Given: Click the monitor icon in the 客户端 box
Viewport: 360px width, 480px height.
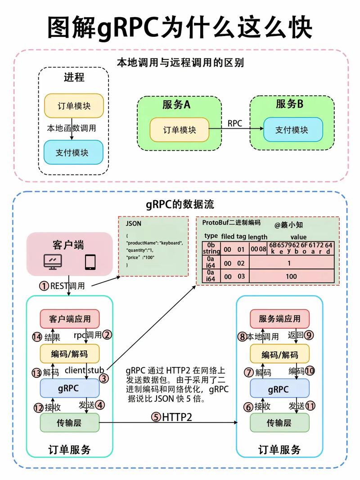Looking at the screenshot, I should click(53, 262).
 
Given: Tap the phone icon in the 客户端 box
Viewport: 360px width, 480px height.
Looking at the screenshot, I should click(90, 262).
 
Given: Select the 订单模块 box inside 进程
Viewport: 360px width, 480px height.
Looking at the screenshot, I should click(74, 106).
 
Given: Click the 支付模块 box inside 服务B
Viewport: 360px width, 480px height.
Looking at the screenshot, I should click(292, 130).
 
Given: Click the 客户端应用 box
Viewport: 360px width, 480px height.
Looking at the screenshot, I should click(69, 319).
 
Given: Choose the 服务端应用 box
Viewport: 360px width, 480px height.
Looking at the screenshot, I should click(279, 319).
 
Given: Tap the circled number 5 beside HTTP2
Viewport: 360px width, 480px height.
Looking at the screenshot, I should click(156, 417).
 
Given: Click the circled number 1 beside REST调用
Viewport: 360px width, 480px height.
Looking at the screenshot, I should click(44, 286).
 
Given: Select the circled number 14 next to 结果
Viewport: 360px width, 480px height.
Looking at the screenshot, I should click(37, 336).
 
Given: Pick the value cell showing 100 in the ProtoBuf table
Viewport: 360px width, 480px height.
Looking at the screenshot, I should click(291, 277).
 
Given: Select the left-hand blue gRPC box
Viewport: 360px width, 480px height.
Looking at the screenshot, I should click(69, 389).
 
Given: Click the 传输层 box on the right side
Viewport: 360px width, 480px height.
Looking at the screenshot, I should click(279, 423).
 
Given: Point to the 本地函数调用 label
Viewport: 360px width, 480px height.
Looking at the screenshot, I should click(72, 128).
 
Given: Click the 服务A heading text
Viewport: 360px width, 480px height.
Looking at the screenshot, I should click(176, 105).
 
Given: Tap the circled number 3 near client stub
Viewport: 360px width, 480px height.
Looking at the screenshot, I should click(104, 379).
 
